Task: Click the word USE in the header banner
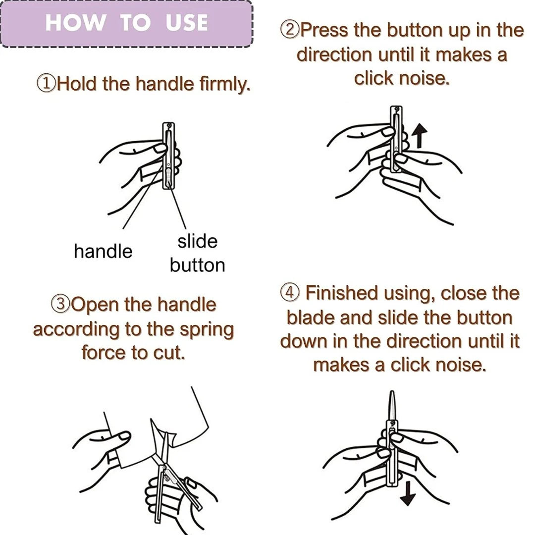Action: click(x=187, y=22)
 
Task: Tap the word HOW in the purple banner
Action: click(x=75, y=22)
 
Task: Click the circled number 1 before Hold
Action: click(x=46, y=84)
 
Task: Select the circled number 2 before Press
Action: click(x=290, y=30)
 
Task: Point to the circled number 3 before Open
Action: click(x=61, y=304)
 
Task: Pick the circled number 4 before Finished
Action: click(x=290, y=292)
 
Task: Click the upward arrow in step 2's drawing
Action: click(x=420, y=135)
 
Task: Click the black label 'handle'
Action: click(x=103, y=252)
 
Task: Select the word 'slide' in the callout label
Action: click(x=198, y=241)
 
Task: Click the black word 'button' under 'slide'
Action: click(x=198, y=265)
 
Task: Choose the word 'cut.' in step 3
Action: click(x=169, y=353)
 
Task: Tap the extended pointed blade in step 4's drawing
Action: click(x=392, y=406)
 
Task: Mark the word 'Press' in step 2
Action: click(x=324, y=30)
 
